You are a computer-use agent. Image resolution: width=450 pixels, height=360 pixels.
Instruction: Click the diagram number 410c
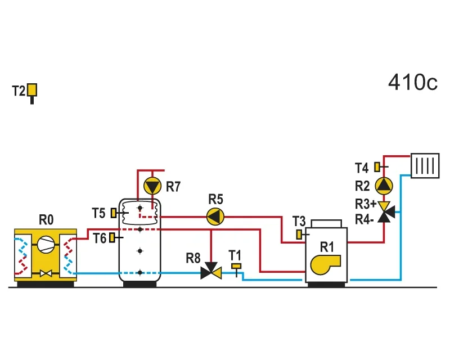coord(413,82)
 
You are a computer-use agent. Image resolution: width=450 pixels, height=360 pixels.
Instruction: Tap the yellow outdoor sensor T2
coord(32,90)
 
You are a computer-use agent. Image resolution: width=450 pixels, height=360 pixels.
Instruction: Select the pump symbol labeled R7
coord(152,186)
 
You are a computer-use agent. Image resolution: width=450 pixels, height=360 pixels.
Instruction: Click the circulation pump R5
coord(215,217)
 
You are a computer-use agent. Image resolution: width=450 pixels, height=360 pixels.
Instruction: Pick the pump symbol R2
coord(384,186)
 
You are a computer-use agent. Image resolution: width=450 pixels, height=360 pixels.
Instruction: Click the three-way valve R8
coord(211,271)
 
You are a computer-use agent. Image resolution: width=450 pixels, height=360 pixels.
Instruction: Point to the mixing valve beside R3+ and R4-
coord(385,212)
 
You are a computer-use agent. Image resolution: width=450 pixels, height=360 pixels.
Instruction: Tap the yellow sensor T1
coord(236,266)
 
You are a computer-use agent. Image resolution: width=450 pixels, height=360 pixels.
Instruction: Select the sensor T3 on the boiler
coord(299,235)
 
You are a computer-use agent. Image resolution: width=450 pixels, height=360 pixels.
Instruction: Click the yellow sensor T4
coord(377,167)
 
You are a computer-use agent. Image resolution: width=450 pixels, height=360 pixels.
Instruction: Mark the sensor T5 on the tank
coord(114,213)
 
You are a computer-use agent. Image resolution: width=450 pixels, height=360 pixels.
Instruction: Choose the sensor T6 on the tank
coord(112,237)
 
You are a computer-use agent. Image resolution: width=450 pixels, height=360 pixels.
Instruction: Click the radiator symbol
coord(425,165)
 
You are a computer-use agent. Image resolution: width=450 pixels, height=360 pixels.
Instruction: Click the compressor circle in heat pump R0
coord(46,244)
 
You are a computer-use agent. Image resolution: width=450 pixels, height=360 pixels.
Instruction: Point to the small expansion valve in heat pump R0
coord(46,273)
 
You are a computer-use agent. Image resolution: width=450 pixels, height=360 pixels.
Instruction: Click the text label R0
coord(46,220)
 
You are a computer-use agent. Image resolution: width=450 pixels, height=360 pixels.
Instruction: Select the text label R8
coord(193,258)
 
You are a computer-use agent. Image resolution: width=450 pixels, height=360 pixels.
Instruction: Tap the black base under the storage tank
coord(139,284)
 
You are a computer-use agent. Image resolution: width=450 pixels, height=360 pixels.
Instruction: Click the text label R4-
coord(364,219)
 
